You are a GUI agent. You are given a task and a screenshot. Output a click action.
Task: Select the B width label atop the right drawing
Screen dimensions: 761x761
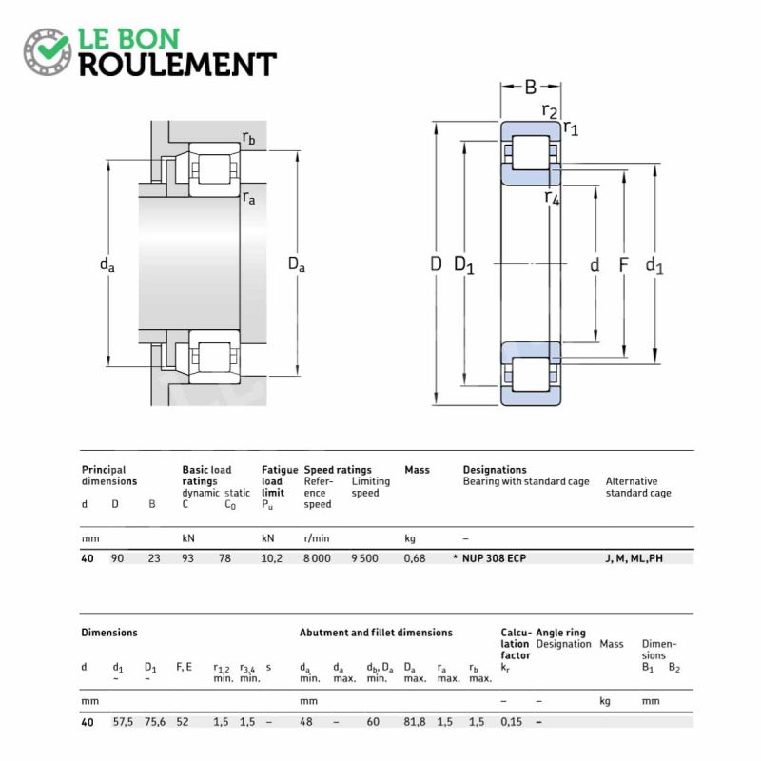tap(530, 88)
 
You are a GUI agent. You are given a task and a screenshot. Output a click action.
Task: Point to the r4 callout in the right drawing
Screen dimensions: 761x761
tap(553, 198)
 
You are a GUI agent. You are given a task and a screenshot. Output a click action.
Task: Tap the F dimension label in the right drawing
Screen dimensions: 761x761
tap(624, 265)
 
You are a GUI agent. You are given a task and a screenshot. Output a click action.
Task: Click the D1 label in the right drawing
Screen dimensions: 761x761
tap(464, 265)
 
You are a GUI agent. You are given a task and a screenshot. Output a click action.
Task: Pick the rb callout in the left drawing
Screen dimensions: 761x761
tap(248, 139)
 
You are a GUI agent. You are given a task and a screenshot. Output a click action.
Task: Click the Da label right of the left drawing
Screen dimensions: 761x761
tap(297, 265)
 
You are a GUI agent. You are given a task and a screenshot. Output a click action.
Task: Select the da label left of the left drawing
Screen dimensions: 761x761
tap(107, 265)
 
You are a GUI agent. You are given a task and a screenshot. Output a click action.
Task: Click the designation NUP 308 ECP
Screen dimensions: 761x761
tap(494, 558)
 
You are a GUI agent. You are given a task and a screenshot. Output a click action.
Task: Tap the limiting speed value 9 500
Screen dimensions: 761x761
tap(364, 558)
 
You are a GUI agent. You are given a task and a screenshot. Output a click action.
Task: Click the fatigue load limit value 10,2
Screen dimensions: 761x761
tap(271, 558)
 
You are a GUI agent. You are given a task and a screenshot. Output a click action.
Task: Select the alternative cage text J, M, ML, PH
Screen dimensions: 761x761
tap(634, 558)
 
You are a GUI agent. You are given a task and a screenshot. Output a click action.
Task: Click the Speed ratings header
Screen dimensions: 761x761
tap(338, 470)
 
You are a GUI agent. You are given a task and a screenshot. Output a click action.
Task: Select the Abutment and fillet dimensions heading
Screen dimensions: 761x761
tap(376, 633)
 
